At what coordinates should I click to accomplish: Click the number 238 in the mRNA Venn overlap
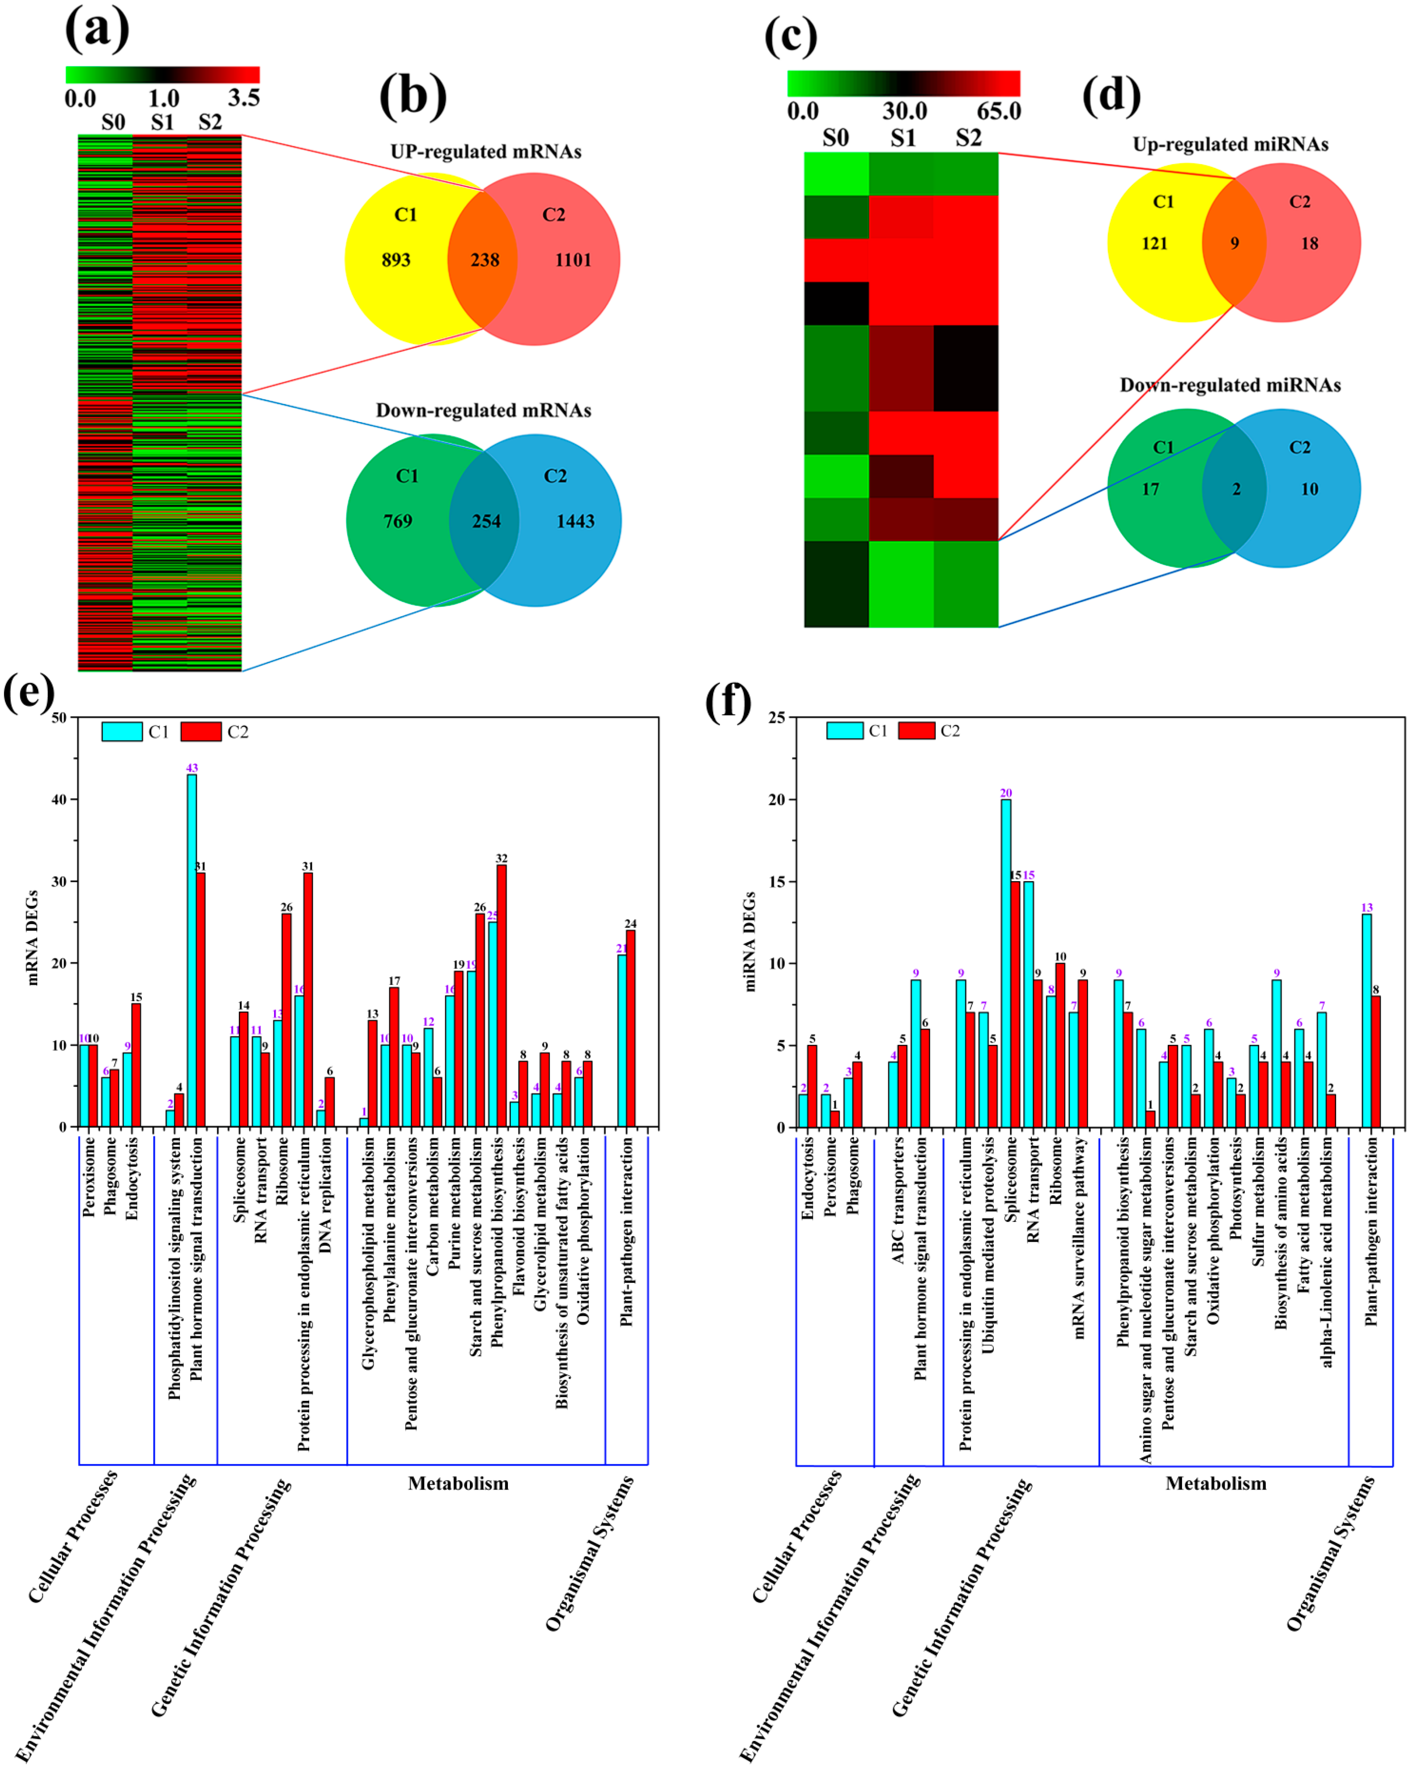coord(485,260)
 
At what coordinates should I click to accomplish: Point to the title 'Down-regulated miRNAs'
coord(1230,385)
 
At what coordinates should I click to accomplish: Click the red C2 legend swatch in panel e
coord(201,731)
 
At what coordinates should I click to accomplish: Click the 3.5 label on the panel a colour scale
coord(244,99)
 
